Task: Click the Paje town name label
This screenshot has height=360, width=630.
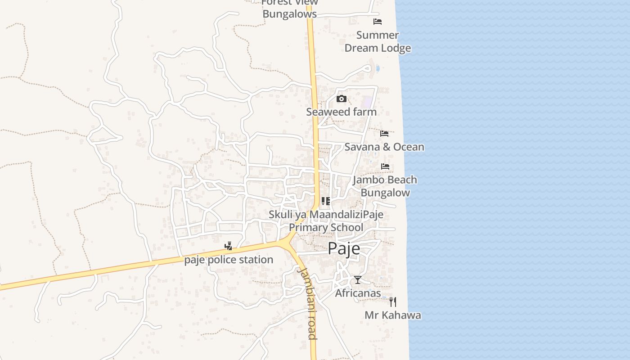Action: tap(344, 248)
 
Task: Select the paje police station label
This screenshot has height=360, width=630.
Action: tap(229, 260)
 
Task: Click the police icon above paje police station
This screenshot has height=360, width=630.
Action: tap(229, 246)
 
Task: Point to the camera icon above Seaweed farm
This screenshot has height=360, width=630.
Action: tap(342, 99)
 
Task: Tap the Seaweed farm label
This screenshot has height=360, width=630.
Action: tap(341, 112)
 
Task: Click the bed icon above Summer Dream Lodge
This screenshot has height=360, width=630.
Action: tap(378, 22)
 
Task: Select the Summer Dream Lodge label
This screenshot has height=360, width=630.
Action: tap(378, 41)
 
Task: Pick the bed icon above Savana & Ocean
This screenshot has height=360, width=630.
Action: tap(384, 134)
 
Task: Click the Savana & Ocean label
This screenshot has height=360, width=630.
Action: tap(384, 147)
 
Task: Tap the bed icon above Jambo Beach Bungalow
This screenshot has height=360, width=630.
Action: tap(385, 166)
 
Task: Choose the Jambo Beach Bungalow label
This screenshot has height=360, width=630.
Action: tap(385, 186)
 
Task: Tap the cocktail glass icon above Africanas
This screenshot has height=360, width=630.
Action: tap(357, 280)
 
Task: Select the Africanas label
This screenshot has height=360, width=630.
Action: tap(358, 293)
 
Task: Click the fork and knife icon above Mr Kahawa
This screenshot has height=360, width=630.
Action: tap(393, 301)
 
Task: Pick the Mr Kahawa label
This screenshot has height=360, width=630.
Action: tap(392, 315)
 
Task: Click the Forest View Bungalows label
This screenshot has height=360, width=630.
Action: tap(289, 8)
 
